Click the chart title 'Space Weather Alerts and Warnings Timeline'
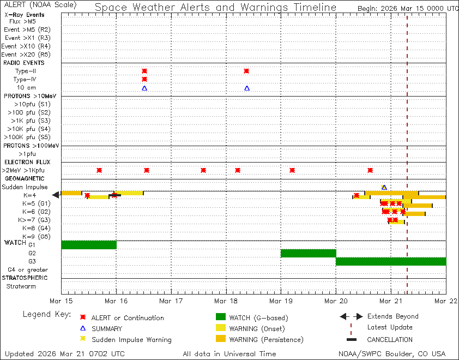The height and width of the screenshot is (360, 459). tap(215, 8)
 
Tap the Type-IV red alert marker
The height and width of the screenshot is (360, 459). tap(144, 80)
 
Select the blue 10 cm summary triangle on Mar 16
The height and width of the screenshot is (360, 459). tap(144, 88)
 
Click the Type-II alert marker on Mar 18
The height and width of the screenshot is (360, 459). tap(246, 71)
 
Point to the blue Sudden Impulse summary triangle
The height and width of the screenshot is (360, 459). tap(384, 188)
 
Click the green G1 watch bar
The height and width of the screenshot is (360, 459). tap(89, 245)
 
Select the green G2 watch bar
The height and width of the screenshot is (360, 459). tap(308, 253)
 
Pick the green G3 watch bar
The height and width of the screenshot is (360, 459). tap(391, 261)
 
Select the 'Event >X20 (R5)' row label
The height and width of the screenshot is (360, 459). tap(26, 55)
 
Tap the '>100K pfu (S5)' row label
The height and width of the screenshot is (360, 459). tap(27, 137)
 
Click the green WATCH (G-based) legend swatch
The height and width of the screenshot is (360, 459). tap(220, 317)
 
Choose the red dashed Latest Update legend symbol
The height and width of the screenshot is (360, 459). tap(351, 327)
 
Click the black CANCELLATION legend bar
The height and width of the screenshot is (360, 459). tap(351, 339)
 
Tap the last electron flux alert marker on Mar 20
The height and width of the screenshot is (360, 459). tap(370, 170)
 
